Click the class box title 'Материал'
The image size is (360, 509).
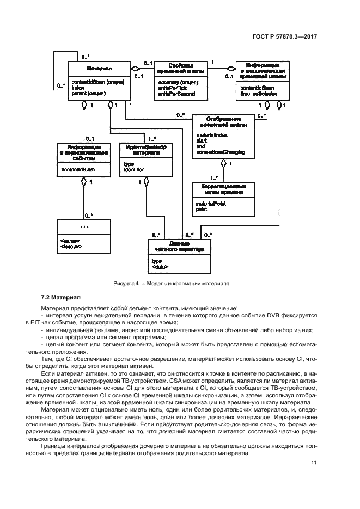pos(99,69)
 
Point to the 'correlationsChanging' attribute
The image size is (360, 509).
pos(221,151)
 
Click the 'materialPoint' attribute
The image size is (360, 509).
pos(211,204)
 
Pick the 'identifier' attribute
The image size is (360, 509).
pos(134,170)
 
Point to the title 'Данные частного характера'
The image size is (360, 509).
pos(179,247)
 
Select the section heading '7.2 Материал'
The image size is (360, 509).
pos(60,297)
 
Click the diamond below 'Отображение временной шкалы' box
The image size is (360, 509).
pos(223,162)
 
